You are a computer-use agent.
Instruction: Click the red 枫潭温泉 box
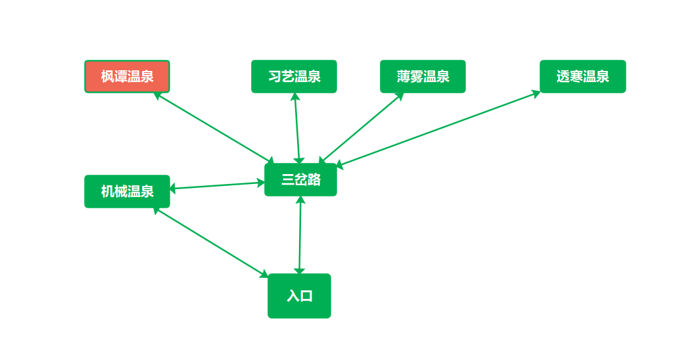click(x=127, y=76)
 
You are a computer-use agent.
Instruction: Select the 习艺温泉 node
click(x=294, y=76)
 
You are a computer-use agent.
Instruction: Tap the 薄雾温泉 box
click(x=423, y=76)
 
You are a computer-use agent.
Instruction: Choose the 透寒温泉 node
click(x=582, y=76)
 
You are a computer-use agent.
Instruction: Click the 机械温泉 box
click(x=127, y=191)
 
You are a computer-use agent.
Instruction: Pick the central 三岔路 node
click(x=300, y=179)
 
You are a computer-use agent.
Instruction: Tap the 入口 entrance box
click(x=299, y=296)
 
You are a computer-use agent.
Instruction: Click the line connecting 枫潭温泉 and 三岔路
click(x=214, y=127)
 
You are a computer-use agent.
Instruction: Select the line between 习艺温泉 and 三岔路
click(x=297, y=128)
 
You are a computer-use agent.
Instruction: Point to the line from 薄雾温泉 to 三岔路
click(x=361, y=127)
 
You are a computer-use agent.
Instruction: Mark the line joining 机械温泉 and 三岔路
click(x=217, y=185)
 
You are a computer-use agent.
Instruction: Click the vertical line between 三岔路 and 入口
click(x=300, y=235)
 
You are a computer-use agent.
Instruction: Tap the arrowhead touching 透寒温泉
click(x=536, y=93)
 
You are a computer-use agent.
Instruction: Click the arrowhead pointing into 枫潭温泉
click(x=157, y=95)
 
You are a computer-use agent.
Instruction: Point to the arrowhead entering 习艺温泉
click(x=295, y=97)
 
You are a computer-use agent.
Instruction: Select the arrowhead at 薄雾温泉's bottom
click(x=400, y=96)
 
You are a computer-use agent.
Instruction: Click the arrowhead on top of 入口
click(x=299, y=270)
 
